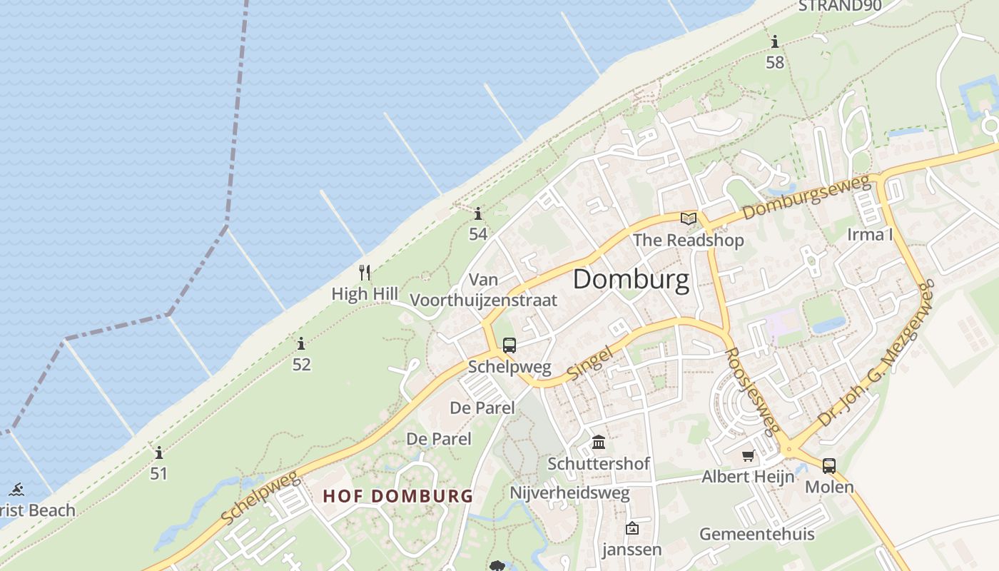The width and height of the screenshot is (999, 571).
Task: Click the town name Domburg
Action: [631, 280]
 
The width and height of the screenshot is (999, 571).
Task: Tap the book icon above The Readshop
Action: [689, 218]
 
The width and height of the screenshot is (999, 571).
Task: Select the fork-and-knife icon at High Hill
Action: [365, 272]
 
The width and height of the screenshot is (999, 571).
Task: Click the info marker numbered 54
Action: [478, 213]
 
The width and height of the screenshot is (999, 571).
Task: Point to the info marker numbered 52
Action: [301, 344]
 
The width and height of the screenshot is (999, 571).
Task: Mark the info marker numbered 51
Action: [158, 453]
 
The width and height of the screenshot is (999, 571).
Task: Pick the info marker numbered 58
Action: [775, 42]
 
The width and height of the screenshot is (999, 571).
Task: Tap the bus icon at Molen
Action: [828, 466]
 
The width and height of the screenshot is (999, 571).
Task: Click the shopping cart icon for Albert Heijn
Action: [748, 455]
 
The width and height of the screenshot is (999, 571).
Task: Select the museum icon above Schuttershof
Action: [599, 443]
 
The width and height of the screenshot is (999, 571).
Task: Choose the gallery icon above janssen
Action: [632, 528]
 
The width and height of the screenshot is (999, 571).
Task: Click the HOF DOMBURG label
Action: [397, 495]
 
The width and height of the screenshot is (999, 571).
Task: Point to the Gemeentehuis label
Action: [756, 534]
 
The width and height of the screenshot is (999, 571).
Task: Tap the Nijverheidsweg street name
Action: [569, 492]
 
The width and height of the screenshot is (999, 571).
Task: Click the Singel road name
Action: [590, 363]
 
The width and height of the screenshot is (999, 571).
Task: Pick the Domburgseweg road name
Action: [807, 198]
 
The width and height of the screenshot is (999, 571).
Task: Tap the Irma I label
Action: [871, 234]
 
